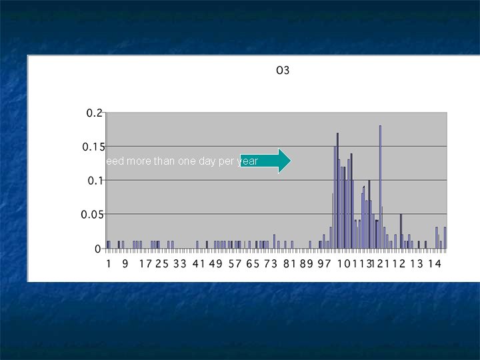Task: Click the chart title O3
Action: pyautogui.click(x=283, y=70)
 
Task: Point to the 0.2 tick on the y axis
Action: pyautogui.click(x=95, y=113)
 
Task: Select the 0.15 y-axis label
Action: pyautogui.click(x=93, y=147)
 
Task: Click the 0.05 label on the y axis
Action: pyautogui.click(x=93, y=215)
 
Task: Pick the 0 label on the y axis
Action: pyautogui.click(x=98, y=249)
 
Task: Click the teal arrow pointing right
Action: pyautogui.click(x=265, y=161)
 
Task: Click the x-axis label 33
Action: pyautogui.click(x=180, y=264)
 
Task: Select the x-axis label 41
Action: pyautogui.click(x=199, y=264)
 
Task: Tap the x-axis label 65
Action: pyautogui.click(x=253, y=264)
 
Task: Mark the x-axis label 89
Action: pyautogui.click(x=307, y=264)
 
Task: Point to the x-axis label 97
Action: pyautogui.click(x=325, y=264)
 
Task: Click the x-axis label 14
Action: pyautogui.click(x=434, y=264)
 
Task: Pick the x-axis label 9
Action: pyautogui.click(x=125, y=264)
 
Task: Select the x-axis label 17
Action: pyautogui.click(x=145, y=264)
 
